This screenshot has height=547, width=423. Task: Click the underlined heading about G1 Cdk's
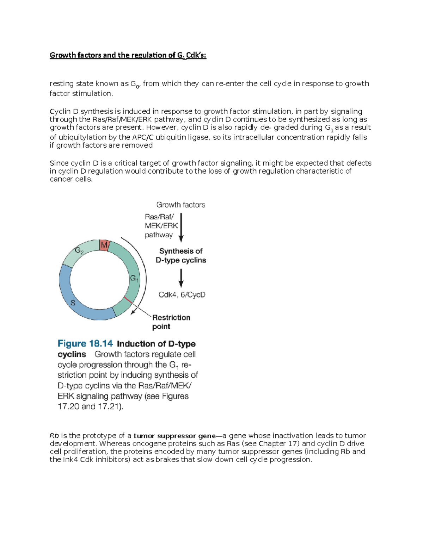point(128,55)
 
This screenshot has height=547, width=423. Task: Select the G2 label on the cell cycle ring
point(79,250)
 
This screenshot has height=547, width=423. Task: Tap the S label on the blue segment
point(73,303)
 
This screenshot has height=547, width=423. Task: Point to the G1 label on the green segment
point(134,278)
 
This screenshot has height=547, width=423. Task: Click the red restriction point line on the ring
point(128,300)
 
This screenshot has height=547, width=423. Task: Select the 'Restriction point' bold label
point(171,322)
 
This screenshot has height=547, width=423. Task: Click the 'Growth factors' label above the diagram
point(180,205)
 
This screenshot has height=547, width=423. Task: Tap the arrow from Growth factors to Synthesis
point(181,227)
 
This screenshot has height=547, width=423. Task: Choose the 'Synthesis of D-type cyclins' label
point(181,255)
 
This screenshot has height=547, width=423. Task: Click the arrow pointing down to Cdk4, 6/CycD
point(181,278)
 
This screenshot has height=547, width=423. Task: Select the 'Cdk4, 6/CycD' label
point(182,295)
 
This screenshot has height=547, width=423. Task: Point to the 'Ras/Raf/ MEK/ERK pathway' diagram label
point(161,226)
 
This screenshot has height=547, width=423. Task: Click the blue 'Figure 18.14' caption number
point(85,343)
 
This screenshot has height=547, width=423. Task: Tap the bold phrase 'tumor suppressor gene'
point(174,436)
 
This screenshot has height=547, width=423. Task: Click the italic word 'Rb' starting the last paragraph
point(54,436)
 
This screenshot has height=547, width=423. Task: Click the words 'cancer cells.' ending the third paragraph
point(71,179)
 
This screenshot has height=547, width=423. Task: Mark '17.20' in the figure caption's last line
point(68,406)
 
